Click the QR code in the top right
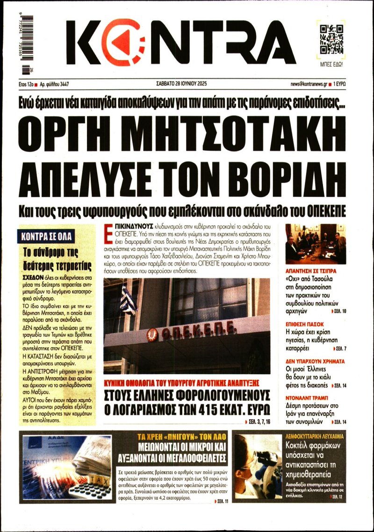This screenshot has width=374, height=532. click(x=331, y=38)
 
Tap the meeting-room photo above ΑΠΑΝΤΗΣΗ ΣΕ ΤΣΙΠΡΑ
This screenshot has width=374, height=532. click(x=316, y=244)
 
